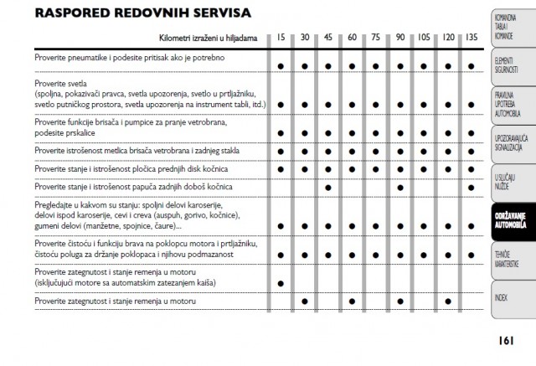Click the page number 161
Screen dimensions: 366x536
(x=504, y=340)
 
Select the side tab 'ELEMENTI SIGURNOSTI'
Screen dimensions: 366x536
(x=505, y=65)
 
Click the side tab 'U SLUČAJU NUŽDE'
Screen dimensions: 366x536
(x=505, y=180)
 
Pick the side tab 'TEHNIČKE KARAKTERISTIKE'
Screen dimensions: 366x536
(x=505, y=260)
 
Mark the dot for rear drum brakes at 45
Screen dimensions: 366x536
(x=328, y=187)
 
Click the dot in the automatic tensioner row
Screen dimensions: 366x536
(x=281, y=283)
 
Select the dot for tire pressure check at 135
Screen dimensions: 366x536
(x=472, y=64)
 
